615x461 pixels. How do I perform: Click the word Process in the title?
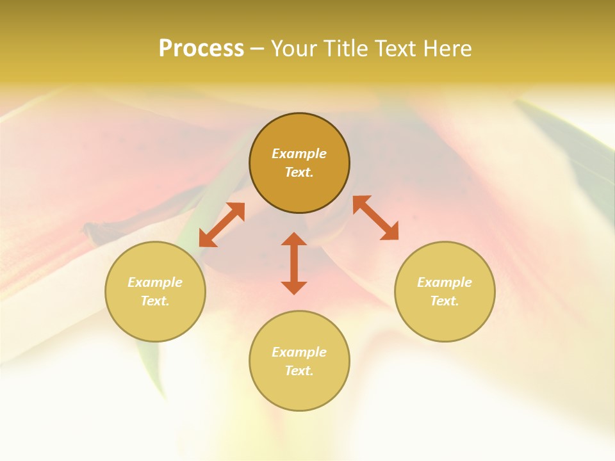(x=201, y=49)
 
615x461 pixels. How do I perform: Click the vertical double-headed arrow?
(x=294, y=263)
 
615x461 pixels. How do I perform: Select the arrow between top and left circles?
(x=222, y=225)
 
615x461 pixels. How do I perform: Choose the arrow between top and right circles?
(x=375, y=218)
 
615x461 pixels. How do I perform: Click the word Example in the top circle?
(x=299, y=154)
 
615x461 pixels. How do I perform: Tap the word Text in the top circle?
(x=299, y=172)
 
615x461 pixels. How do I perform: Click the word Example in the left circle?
(x=155, y=282)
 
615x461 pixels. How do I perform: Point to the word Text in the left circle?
(x=155, y=301)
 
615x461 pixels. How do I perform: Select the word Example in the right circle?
(x=445, y=282)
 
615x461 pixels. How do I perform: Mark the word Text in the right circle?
(x=445, y=301)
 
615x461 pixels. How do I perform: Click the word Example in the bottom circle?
(x=299, y=352)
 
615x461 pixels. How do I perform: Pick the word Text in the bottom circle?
(x=299, y=371)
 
